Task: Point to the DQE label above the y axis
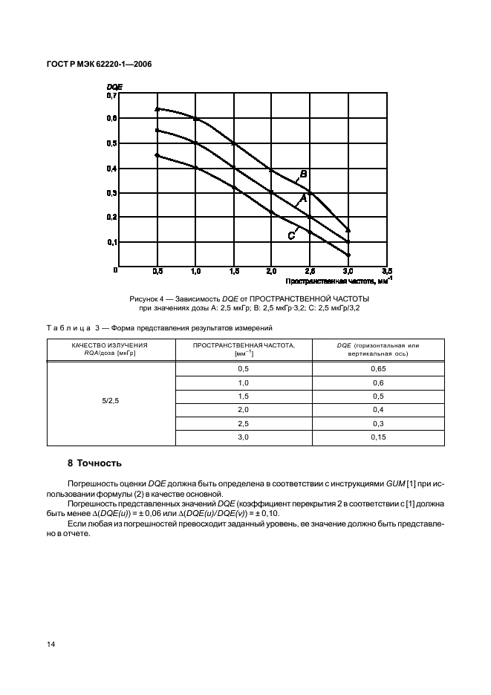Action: tap(114, 87)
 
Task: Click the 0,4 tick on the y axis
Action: tap(111, 168)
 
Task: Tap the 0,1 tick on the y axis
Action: tap(111, 242)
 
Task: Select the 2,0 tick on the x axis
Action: tap(272, 272)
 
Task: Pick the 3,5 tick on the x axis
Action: tap(386, 272)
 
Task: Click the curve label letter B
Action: tap(303, 175)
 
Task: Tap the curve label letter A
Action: tap(302, 200)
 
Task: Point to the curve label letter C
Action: tap(292, 235)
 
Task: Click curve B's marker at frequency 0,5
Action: tap(157, 109)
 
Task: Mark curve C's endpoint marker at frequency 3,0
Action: tap(348, 255)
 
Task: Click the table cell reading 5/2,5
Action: tap(110, 401)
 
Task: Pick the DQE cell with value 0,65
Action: tap(378, 369)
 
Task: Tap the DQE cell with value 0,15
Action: tap(378, 437)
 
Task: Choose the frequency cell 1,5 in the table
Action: tap(243, 396)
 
